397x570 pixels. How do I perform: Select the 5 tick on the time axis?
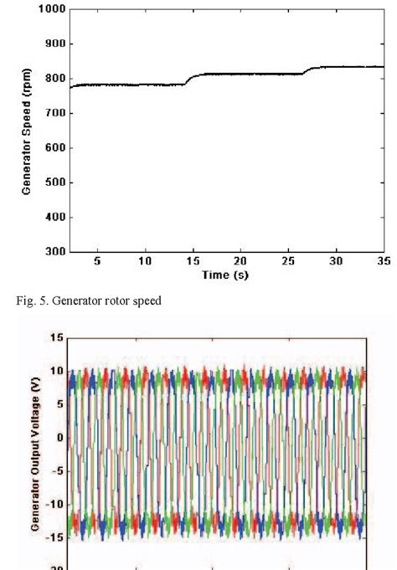coord(97,261)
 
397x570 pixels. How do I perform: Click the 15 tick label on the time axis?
coord(193,261)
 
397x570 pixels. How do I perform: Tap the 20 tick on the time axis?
coord(240,261)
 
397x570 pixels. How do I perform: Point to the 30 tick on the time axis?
coord(336,261)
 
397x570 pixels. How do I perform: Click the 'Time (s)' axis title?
coord(226,274)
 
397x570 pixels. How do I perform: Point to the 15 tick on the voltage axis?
coord(57,337)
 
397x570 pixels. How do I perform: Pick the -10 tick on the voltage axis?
coord(55,505)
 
